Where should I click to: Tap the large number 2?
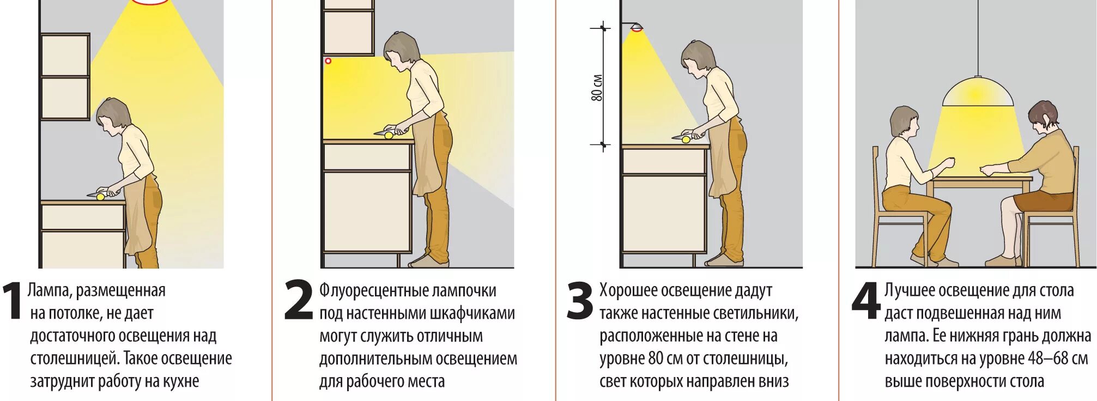[299, 300]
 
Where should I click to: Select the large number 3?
[580, 300]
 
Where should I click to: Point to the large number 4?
[866, 300]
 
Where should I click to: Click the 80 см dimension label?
[597, 87]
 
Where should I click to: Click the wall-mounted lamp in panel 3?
[635, 27]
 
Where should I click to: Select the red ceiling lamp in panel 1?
[151, 2]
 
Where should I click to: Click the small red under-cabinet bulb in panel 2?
[328, 61]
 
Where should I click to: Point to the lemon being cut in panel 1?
[100, 197]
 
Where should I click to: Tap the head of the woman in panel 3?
[698, 56]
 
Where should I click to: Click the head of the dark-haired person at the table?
[1043, 116]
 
